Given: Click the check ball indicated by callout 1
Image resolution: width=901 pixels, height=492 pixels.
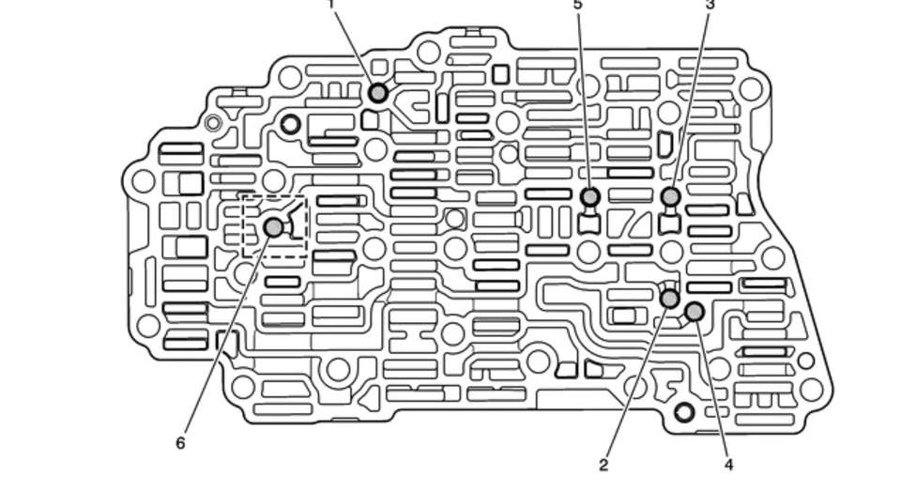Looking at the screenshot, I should [378, 93].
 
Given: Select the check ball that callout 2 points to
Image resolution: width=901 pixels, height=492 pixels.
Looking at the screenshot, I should [670, 299].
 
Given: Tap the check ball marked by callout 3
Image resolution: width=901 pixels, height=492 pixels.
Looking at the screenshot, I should [671, 196].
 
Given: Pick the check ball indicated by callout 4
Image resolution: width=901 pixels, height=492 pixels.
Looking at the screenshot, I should [695, 312].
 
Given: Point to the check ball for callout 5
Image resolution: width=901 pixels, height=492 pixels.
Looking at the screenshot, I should [590, 196].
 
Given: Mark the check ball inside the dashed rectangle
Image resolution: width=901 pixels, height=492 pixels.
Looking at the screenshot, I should [273, 227].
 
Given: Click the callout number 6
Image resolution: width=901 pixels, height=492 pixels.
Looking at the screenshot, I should [180, 442].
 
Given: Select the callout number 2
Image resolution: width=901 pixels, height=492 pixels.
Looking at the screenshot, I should [603, 464].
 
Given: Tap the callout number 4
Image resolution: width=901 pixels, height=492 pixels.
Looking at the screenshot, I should [728, 464].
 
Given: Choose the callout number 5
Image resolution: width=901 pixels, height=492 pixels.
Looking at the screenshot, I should [577, 5].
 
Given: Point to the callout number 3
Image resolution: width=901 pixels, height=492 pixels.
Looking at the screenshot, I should [710, 5].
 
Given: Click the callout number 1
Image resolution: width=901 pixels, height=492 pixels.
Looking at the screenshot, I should [330, 5].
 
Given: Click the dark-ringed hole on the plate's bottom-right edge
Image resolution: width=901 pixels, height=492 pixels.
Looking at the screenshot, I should [684, 411].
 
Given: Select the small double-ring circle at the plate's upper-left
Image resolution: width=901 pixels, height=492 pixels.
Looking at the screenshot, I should [213, 122].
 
